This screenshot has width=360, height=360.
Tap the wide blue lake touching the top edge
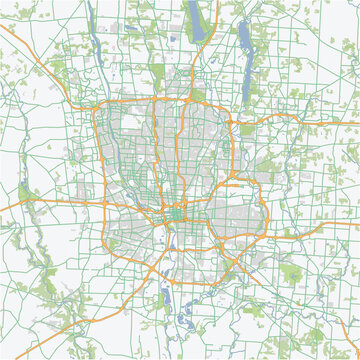193,14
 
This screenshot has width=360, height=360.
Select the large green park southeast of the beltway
290,272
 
